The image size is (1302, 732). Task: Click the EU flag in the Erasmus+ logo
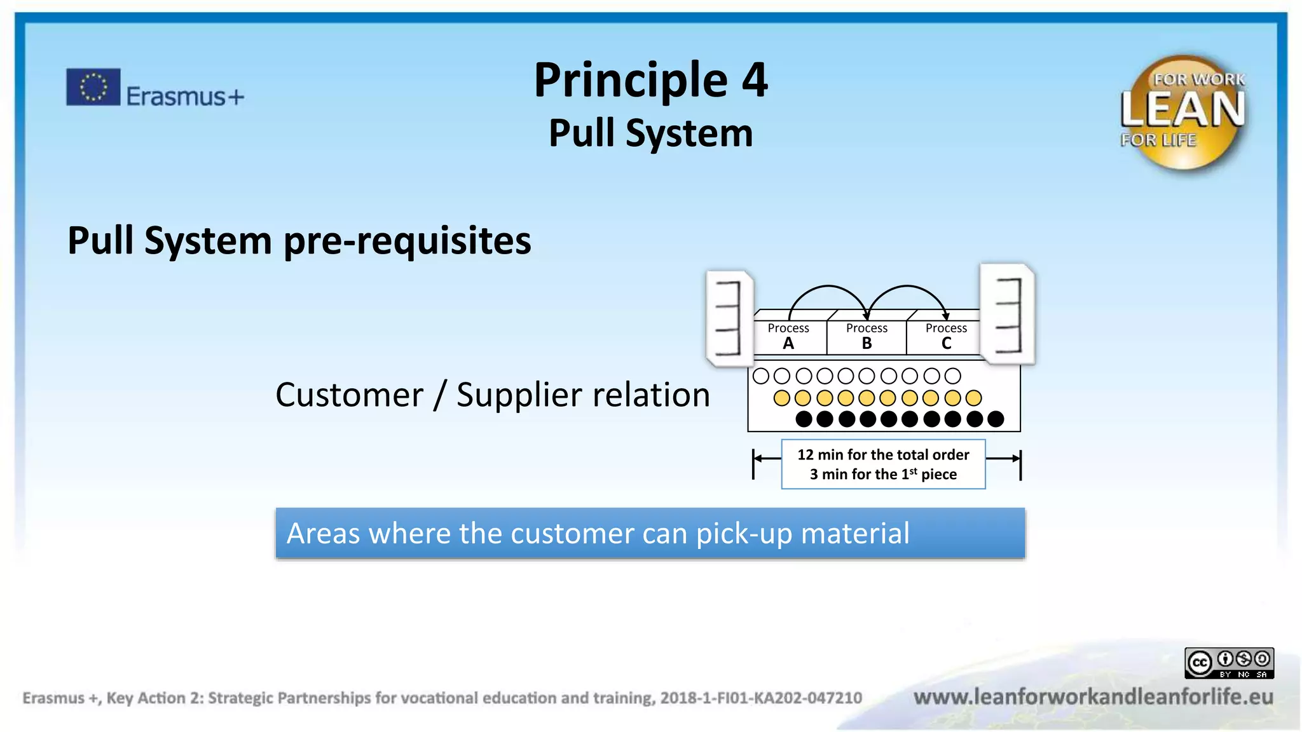coord(93,87)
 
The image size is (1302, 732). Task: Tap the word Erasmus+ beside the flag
coord(185,97)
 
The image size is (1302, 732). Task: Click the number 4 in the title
coord(755,80)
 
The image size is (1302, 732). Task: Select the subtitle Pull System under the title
coord(651,133)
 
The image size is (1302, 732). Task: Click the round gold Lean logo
coord(1183,112)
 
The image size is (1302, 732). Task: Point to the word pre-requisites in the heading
coord(408,241)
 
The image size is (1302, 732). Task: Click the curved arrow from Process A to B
coord(828,287)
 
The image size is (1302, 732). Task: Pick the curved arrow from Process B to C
coord(907,287)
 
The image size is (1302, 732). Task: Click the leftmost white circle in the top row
coord(761,376)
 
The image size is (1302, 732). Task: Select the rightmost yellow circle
coord(973,398)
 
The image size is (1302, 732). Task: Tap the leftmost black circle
coord(804,419)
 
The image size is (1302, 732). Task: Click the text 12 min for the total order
coord(883,455)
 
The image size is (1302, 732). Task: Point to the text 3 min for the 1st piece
coord(883,474)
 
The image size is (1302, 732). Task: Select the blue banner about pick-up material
coord(650,534)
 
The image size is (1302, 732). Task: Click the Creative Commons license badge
coord(1229,663)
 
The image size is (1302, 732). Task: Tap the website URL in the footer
coord(1093,697)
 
